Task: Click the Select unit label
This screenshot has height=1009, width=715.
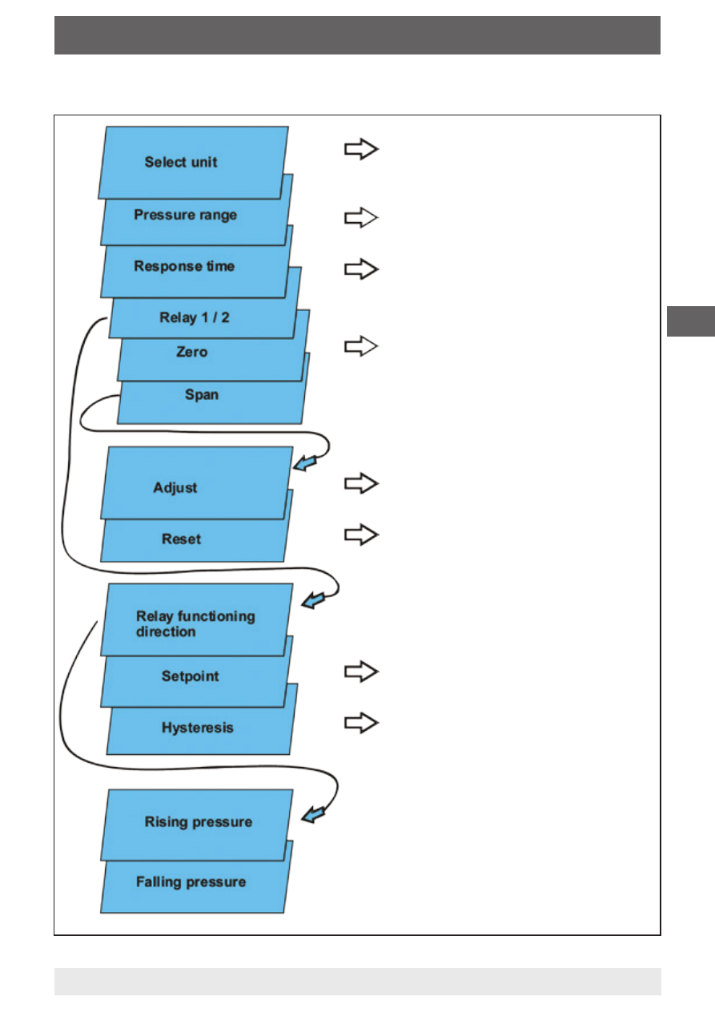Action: pyautogui.click(x=181, y=162)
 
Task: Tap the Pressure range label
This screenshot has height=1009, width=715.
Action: pyautogui.click(x=186, y=215)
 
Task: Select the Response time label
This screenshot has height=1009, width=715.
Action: pyautogui.click(x=184, y=266)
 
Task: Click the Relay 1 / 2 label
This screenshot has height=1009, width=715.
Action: pyautogui.click(x=195, y=317)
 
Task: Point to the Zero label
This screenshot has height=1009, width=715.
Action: pyautogui.click(x=191, y=352)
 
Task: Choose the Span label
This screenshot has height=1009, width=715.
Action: pyautogui.click(x=202, y=394)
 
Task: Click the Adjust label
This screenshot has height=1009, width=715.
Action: pyautogui.click(x=175, y=488)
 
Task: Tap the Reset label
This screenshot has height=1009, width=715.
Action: pyautogui.click(x=181, y=539)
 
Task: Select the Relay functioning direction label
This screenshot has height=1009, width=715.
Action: pyautogui.click(x=195, y=624)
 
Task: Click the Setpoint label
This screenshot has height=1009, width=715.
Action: pyautogui.click(x=191, y=676)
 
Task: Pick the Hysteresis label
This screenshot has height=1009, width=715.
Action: pyautogui.click(x=198, y=728)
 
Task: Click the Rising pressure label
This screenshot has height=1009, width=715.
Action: pyautogui.click(x=199, y=822)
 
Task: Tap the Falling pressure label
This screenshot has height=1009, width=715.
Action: pyautogui.click(x=191, y=882)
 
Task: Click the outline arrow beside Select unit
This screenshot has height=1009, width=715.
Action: pyautogui.click(x=361, y=149)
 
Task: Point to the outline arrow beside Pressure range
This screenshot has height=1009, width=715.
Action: pyautogui.click(x=361, y=217)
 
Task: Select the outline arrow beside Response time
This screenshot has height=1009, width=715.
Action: pyautogui.click(x=361, y=269)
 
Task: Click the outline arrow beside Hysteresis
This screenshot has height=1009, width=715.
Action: pyautogui.click(x=361, y=723)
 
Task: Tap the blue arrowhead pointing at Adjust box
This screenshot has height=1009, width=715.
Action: pyautogui.click(x=304, y=463)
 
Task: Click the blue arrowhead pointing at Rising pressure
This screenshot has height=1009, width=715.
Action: pyautogui.click(x=313, y=814)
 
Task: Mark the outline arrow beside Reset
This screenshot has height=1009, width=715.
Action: pyautogui.click(x=361, y=535)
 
